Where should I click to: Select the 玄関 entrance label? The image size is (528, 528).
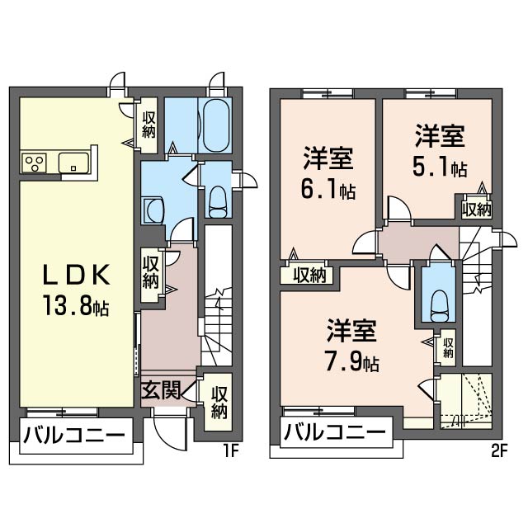tap(161, 390)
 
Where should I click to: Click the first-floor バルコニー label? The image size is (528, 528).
tap(73, 434)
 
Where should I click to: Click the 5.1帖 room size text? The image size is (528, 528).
tap(440, 167)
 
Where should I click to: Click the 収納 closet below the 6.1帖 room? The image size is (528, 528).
tap(309, 275)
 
